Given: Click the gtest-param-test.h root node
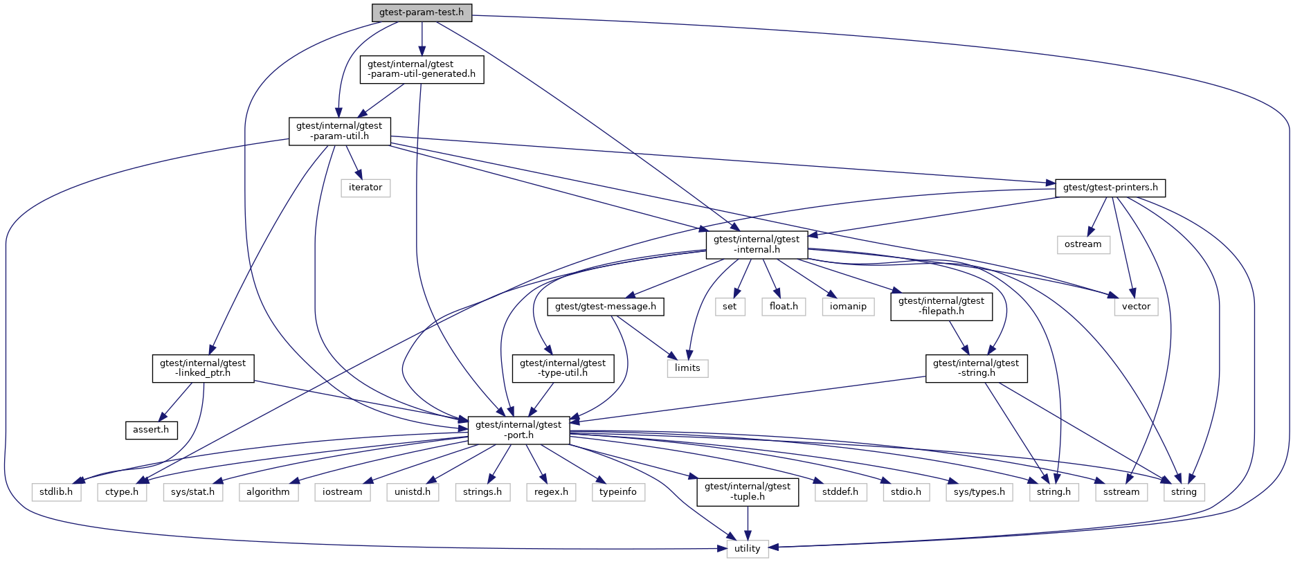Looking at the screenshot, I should (x=422, y=12).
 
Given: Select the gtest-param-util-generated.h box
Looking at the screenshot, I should (x=422, y=69).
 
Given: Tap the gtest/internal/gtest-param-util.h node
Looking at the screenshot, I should (x=339, y=131).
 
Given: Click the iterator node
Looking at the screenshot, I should (x=365, y=188).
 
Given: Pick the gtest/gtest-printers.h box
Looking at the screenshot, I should (x=1110, y=188).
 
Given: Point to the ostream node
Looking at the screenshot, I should (x=1083, y=244).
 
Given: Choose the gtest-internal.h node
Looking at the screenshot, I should (x=757, y=244).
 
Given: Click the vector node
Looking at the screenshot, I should (x=1136, y=307).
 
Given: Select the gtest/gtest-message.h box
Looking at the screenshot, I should (x=606, y=307).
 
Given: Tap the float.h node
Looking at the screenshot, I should (x=784, y=307).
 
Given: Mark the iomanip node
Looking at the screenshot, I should (x=848, y=307).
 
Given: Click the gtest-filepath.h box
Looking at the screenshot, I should (x=941, y=306).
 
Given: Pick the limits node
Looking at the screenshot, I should (x=687, y=368).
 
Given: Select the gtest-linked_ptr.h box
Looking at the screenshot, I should (x=203, y=368).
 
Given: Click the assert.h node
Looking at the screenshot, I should (x=151, y=430).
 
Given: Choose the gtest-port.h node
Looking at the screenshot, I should (x=518, y=430).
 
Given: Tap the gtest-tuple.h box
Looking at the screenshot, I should (x=748, y=491).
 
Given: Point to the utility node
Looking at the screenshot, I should (x=747, y=549).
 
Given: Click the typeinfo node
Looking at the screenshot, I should (x=618, y=492).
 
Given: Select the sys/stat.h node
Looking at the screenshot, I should (x=192, y=492).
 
